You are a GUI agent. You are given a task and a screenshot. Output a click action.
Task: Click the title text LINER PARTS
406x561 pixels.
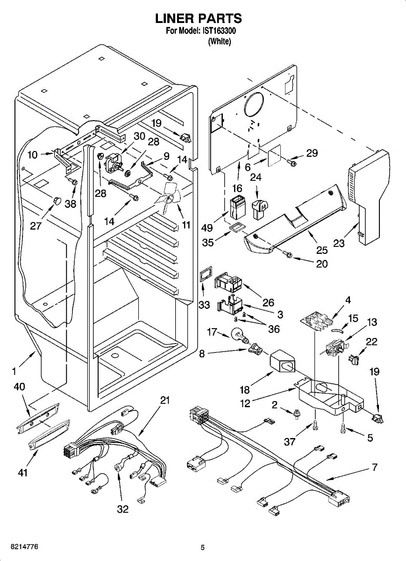point(199,18)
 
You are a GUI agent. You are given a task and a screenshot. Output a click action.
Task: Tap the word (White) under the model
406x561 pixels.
point(219,41)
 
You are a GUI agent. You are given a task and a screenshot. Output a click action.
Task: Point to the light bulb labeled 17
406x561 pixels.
point(238,335)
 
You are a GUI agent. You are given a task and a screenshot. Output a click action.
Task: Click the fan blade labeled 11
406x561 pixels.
point(167,199)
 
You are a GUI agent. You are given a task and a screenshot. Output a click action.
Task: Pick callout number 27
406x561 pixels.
point(36,226)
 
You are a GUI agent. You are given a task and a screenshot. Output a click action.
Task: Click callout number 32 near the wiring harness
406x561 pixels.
point(122,509)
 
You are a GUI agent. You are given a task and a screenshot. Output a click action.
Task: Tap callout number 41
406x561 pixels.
point(23,473)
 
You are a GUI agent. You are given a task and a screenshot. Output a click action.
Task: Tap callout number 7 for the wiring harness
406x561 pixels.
point(374,467)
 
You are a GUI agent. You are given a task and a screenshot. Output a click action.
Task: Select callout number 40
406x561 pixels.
point(20,387)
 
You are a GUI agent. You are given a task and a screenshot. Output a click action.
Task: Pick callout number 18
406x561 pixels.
point(244,390)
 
